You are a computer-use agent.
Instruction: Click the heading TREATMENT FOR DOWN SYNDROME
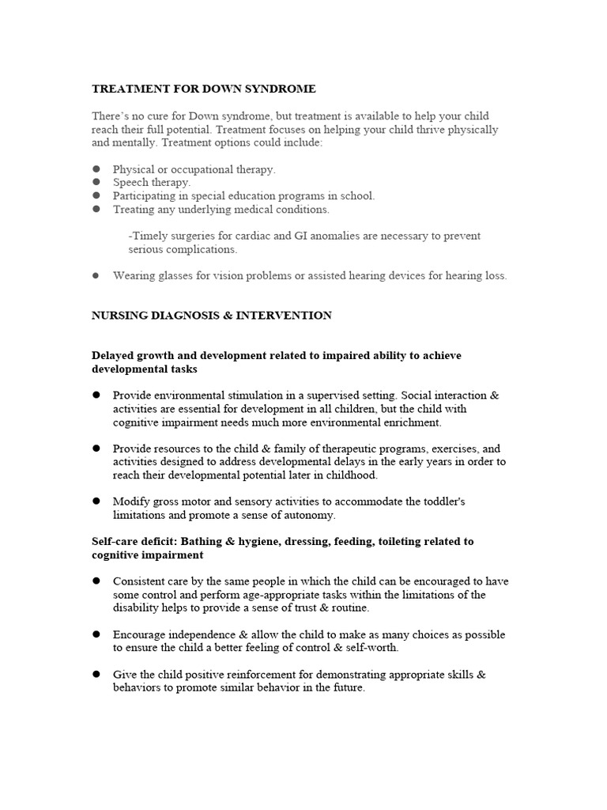[204, 89]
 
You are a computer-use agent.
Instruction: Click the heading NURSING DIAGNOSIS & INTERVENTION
[212, 315]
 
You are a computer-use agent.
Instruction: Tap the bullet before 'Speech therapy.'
[96, 182]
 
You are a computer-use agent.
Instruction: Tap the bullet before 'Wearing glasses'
[96, 275]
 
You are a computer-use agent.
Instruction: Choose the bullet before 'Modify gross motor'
[96, 502]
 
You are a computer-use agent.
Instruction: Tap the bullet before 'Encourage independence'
[96, 634]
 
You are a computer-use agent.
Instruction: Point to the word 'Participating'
[145, 195]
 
